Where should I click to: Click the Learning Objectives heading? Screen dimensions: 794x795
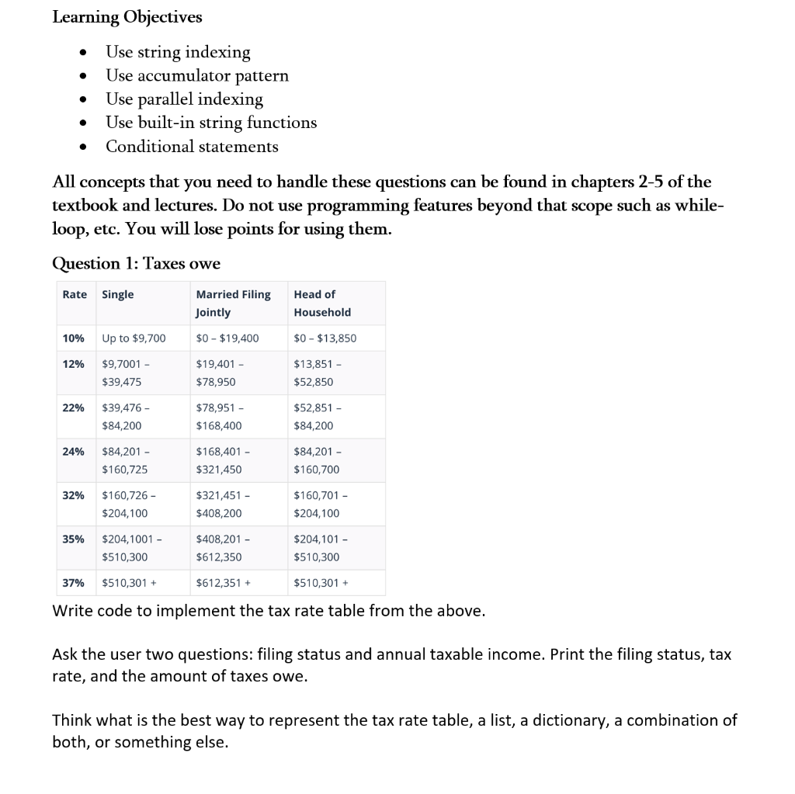click(x=127, y=17)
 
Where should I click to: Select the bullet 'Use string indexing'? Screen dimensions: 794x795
click(x=178, y=52)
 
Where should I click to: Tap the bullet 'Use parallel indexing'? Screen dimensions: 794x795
click(x=184, y=99)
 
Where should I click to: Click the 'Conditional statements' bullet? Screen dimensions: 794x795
click(x=192, y=146)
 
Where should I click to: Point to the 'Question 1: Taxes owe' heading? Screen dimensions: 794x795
click(x=136, y=263)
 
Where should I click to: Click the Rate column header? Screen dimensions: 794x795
click(x=75, y=294)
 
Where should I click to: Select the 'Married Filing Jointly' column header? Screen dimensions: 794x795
click(x=233, y=303)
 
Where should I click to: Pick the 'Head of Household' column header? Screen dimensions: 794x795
click(x=322, y=303)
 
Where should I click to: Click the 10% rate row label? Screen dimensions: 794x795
click(x=73, y=338)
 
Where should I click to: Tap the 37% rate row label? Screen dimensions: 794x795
click(x=73, y=582)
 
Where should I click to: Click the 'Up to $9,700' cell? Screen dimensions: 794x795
click(x=134, y=338)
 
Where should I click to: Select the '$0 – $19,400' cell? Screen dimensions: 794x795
click(x=227, y=338)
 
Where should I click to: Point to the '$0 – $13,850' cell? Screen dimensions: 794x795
click(x=325, y=338)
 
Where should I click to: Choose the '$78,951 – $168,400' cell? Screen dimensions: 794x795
click(x=219, y=417)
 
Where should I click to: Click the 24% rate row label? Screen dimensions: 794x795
click(x=73, y=452)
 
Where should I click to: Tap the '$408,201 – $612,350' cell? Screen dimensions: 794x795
click(x=219, y=548)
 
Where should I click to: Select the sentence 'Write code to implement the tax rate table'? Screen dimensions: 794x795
click(x=269, y=610)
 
